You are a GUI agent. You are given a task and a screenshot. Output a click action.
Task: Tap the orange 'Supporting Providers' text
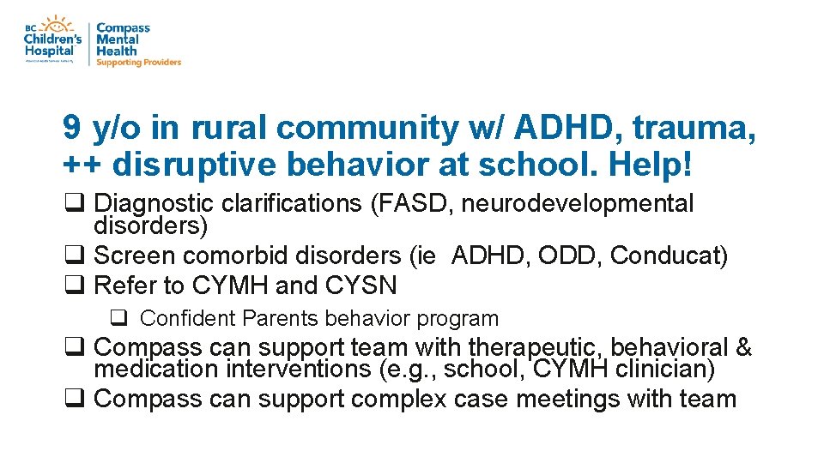pos(138,63)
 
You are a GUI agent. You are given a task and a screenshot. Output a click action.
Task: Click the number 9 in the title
pos(72,129)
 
